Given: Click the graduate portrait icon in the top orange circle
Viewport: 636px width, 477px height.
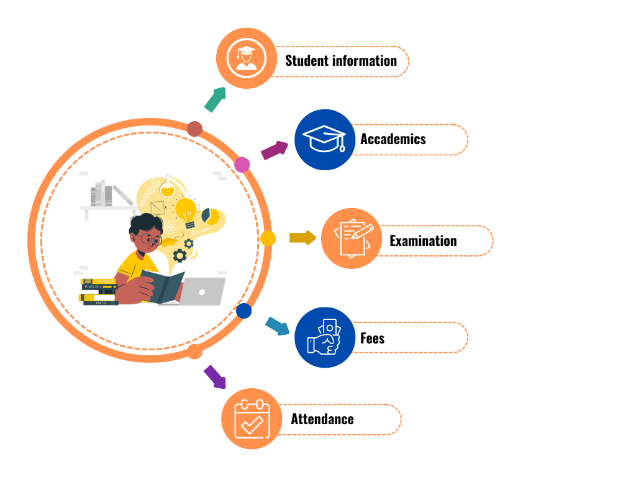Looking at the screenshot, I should click(247, 58).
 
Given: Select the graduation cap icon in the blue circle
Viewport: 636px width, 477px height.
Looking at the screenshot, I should click(325, 139).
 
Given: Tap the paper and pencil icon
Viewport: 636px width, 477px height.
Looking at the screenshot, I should click(352, 238).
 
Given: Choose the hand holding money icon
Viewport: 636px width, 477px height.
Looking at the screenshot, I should click(325, 337).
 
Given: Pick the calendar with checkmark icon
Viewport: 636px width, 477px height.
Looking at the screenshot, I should click(252, 418).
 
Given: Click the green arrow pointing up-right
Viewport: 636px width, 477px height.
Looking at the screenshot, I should click(215, 99).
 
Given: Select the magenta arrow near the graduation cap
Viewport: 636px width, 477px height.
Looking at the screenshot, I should click(274, 150).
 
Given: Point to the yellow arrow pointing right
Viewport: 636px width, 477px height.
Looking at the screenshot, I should click(302, 238).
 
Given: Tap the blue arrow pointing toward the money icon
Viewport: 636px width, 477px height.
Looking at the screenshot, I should click(277, 325).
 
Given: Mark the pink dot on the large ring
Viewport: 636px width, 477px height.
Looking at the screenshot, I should click(242, 165).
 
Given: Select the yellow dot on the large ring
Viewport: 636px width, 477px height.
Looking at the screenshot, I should click(268, 238).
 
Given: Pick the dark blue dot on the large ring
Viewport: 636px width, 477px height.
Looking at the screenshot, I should click(244, 311).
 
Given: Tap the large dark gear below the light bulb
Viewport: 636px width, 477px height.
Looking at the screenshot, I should click(180, 255).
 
